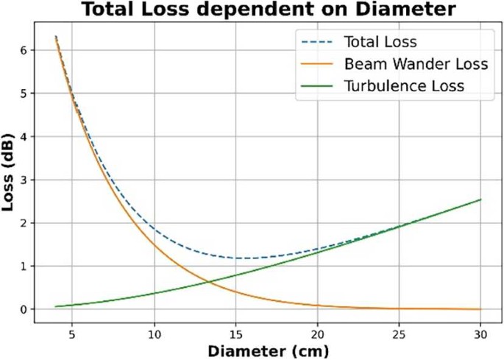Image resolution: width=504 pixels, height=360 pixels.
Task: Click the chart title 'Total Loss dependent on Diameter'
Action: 252,10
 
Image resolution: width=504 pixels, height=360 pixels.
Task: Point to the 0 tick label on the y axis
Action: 24,309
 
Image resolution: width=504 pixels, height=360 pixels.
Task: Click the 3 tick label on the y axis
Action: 24,180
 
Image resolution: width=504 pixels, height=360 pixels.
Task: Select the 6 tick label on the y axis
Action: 24,50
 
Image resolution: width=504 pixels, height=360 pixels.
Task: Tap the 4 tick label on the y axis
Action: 24,137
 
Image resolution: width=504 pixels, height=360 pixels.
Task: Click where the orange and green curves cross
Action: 207,282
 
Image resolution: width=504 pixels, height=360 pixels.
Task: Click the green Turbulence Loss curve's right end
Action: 480,200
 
